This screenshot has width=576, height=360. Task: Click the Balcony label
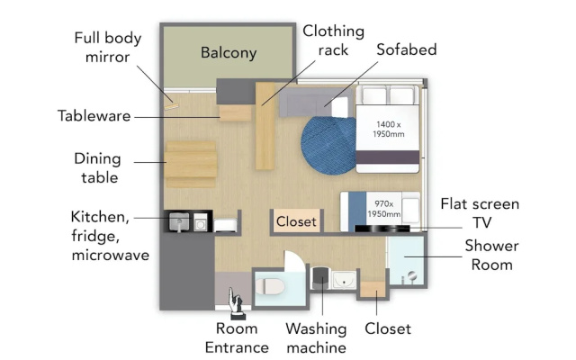click(229, 53)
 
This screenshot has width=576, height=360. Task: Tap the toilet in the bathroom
click(270, 286)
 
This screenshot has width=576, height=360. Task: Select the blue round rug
click(328, 145)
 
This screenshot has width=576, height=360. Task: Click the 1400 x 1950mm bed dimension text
click(388, 130)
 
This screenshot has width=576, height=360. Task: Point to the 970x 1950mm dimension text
click(384, 209)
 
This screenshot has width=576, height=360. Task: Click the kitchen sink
click(179, 221)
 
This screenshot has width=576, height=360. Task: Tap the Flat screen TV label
click(480, 213)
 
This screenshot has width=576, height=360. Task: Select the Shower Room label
click(492, 256)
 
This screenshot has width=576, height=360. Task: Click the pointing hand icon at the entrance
click(236, 303)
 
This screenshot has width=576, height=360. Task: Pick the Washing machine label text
click(316, 338)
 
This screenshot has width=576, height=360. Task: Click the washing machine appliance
click(321, 278)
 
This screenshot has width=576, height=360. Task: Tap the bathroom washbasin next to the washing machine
click(344, 280)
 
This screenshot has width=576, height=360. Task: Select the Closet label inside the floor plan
click(296, 222)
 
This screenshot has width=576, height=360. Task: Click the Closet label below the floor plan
click(388, 329)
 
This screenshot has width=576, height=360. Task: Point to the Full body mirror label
click(108, 48)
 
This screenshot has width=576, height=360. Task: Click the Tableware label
click(94, 116)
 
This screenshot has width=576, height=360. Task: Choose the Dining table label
click(98, 168)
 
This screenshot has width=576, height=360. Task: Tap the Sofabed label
click(407, 50)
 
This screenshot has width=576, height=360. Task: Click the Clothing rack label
click(333, 40)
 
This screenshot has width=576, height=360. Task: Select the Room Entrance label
click(237, 338)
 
